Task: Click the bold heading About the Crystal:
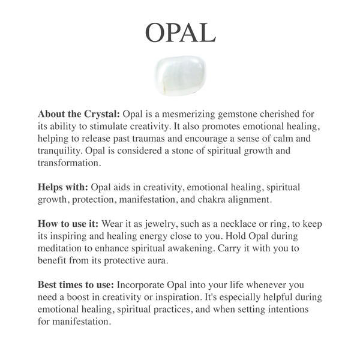click(x=79, y=114)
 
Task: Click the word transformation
click(x=69, y=163)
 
